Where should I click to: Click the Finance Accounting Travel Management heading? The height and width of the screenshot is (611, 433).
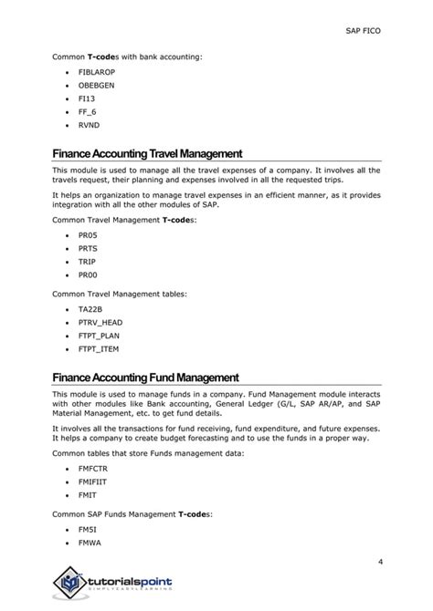[x=146, y=154]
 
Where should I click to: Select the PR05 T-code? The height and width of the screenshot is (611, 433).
[x=88, y=234]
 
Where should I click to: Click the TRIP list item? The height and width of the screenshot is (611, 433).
[x=87, y=261]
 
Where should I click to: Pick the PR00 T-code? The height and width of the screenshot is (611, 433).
[x=88, y=274]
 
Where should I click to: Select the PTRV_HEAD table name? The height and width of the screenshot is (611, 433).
[x=99, y=322]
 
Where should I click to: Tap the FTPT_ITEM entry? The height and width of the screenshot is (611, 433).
[x=99, y=348]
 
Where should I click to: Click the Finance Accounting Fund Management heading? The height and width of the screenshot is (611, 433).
[x=145, y=378]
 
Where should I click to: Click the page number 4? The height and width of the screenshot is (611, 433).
[x=380, y=560]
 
